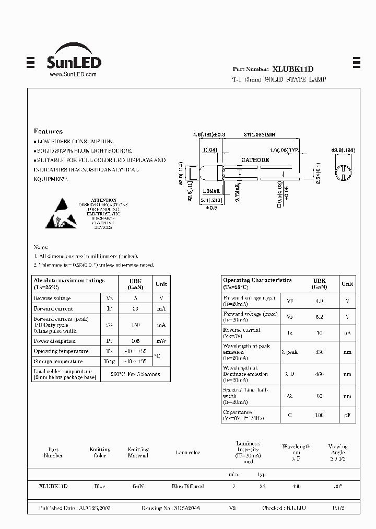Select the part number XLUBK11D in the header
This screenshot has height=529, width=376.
pyautogui.click(x=293, y=68)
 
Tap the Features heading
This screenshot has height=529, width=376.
pyautogui.click(x=48, y=131)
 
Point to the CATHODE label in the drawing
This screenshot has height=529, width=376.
pyautogui.click(x=255, y=160)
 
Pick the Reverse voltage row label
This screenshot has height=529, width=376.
pyautogui.click(x=52, y=298)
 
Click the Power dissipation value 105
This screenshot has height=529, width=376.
pyautogui.click(x=135, y=341)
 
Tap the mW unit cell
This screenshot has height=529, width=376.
pyautogui.click(x=161, y=341)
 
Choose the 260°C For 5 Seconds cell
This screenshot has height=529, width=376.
pyautogui.click(x=135, y=374)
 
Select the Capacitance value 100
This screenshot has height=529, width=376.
pyautogui.click(x=319, y=415)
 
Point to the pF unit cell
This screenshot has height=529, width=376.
pyautogui.click(x=347, y=415)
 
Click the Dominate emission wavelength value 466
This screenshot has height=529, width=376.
pyautogui.click(x=319, y=374)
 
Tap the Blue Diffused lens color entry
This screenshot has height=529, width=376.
pyautogui.click(x=187, y=486)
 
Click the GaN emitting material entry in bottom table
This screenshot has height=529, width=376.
pyautogui.click(x=138, y=486)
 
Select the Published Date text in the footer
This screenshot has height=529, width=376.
pyautogui.click(x=75, y=508)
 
